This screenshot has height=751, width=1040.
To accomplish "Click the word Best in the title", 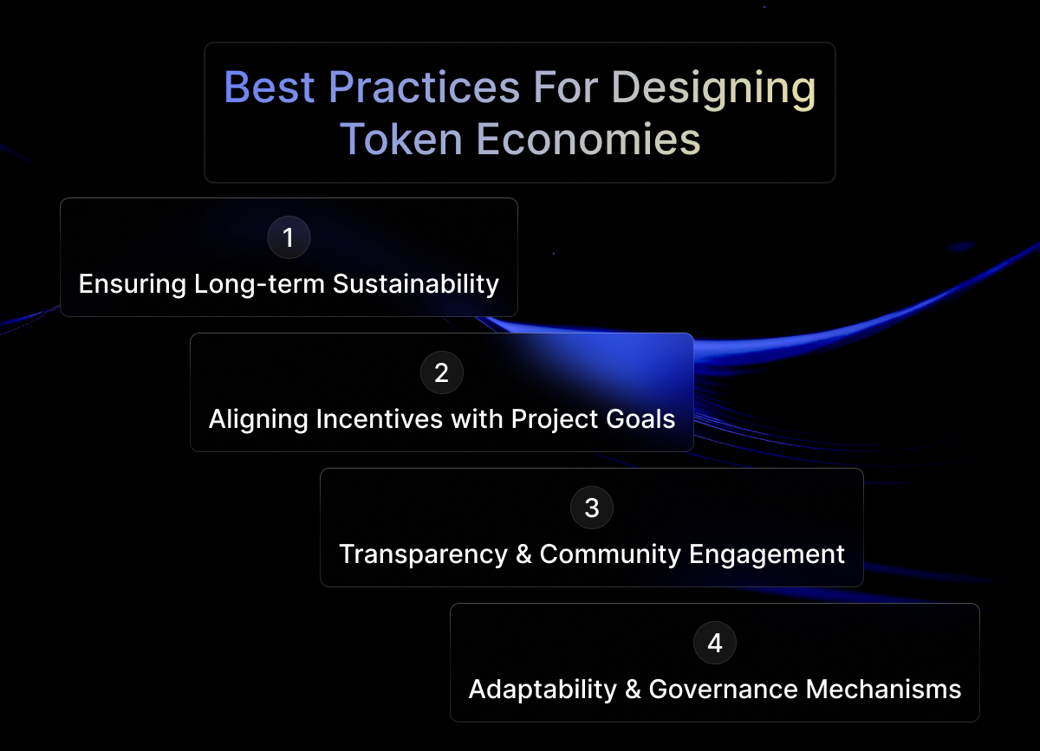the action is click(x=270, y=87).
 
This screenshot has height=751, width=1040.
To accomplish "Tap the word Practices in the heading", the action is click(x=425, y=87).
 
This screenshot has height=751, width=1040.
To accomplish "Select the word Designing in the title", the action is click(x=713, y=89).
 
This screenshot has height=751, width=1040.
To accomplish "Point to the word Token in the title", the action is click(x=401, y=139).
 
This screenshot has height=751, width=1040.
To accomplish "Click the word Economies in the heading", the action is click(x=588, y=139).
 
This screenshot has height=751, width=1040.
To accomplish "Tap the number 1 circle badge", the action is click(x=289, y=237).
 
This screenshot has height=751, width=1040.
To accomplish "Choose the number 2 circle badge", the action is click(x=441, y=372).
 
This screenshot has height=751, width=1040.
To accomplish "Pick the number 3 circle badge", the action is click(x=591, y=508).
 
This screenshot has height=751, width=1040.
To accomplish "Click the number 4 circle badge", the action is click(x=714, y=643).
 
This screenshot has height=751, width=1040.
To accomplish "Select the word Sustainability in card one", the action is click(x=416, y=284).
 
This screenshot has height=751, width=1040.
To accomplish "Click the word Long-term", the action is click(x=259, y=284).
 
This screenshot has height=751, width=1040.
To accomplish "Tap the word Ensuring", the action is click(x=133, y=284).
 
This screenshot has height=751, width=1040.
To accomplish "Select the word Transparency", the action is click(x=424, y=555).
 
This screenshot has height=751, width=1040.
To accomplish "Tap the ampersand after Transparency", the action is click(x=523, y=554).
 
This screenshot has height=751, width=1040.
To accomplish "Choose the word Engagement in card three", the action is click(x=766, y=555).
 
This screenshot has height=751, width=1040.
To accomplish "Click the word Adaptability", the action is click(x=543, y=690).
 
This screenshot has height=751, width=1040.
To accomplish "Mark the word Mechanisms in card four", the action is click(x=883, y=689).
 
